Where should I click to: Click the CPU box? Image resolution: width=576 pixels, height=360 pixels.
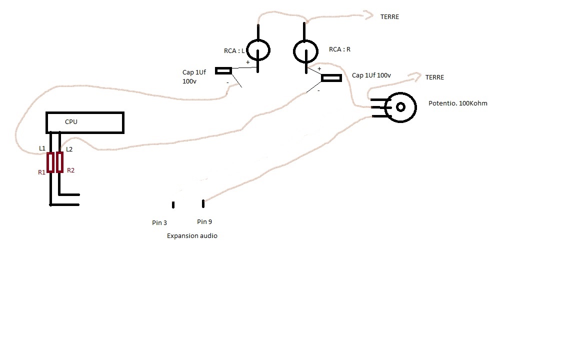[84, 122]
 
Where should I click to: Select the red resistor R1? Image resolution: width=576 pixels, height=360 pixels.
[50, 162]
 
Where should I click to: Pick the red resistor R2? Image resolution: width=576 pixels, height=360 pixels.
[60, 162]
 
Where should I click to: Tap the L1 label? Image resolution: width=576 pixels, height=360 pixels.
[42, 148]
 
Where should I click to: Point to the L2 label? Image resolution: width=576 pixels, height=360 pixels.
[69, 149]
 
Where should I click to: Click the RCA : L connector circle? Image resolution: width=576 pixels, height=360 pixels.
[258, 49]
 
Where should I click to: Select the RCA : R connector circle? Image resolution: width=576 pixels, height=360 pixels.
[305, 50]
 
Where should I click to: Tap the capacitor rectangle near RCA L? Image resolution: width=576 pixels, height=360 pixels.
[223, 71]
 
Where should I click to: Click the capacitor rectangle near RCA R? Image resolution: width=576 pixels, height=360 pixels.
[331, 78]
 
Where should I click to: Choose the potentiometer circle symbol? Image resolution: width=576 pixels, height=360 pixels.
[400, 107]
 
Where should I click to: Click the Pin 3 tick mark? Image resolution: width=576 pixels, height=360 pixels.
[173, 204]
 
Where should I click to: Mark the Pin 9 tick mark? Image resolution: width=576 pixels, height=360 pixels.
[203, 203]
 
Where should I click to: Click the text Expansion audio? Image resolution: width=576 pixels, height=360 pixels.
[192, 235]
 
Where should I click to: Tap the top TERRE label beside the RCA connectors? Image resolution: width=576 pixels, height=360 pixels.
[389, 17]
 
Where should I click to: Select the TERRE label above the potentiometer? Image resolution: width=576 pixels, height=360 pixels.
[434, 77]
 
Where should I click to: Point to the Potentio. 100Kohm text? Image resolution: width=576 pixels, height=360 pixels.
[457, 103]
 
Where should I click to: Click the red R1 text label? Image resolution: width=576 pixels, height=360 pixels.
[41, 172]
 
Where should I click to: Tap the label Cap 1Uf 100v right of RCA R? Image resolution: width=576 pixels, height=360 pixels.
[371, 75]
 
